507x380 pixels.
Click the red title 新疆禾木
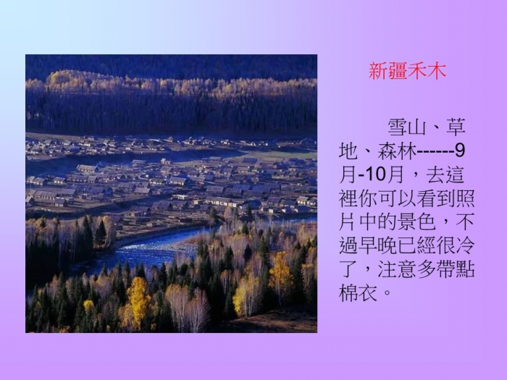click(x=407, y=71)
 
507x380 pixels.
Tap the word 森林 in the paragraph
click(x=397, y=151)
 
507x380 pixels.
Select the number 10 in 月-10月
click(x=375, y=175)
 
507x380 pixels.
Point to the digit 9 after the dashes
click(x=459, y=151)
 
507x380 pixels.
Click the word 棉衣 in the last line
click(x=358, y=292)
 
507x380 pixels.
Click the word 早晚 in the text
click(x=377, y=245)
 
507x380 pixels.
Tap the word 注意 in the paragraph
click(x=397, y=269)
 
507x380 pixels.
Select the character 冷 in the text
click(x=465, y=245)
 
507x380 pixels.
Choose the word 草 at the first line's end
click(x=456, y=127)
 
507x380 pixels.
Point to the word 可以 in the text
click(x=397, y=198)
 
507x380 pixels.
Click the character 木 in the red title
click(x=437, y=71)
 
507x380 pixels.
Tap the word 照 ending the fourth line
click(x=465, y=198)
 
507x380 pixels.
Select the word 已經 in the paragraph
click(x=416, y=245)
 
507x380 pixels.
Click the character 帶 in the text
click(x=445, y=269)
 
